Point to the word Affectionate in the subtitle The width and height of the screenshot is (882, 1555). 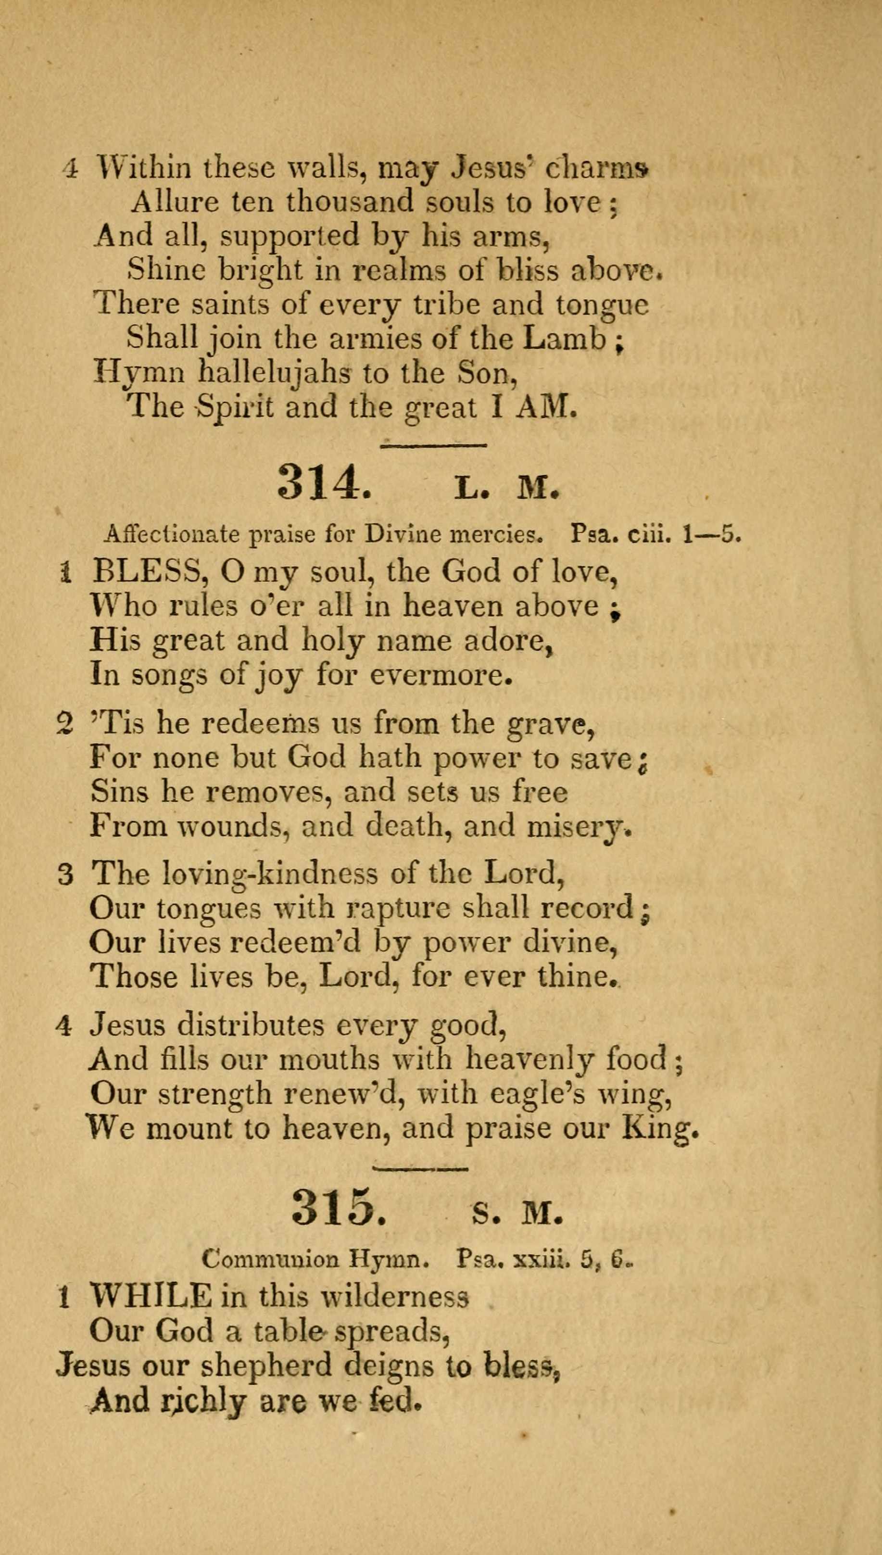pyautogui.click(x=172, y=534)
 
